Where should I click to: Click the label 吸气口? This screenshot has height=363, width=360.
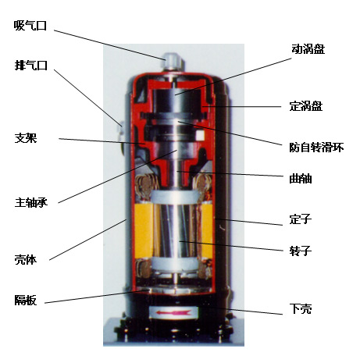point(30,25)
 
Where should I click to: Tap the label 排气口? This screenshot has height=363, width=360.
point(30,66)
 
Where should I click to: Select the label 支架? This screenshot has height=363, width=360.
point(25,138)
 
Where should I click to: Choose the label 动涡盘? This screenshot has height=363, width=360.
point(308,48)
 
